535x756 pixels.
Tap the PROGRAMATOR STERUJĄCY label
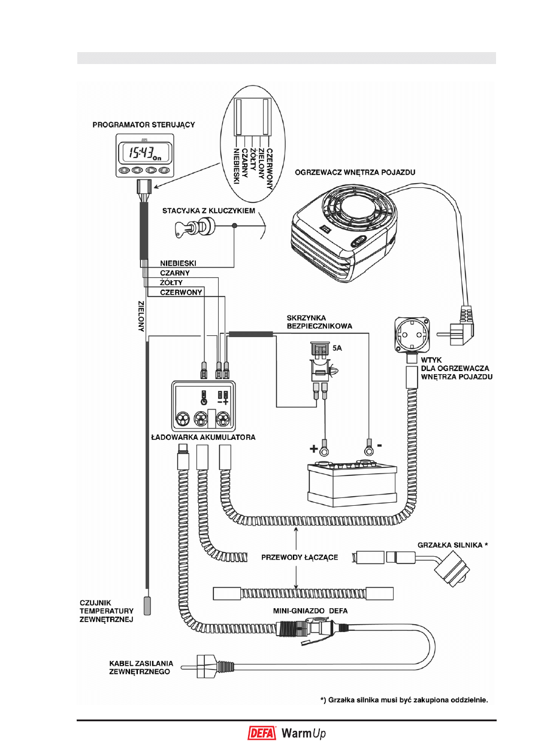[x=144, y=125]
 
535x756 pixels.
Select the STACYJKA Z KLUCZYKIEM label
[x=208, y=211]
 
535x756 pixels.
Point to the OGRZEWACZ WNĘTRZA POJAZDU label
[x=355, y=172]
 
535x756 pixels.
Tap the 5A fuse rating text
[x=337, y=348]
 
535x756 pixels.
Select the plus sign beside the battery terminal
[x=314, y=448]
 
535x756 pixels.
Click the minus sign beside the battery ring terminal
[x=379, y=446]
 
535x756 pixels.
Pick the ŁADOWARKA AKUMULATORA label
[x=203, y=438]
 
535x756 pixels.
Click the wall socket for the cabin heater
[x=411, y=334]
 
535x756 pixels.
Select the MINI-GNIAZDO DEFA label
[x=310, y=611]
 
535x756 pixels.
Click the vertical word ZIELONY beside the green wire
[x=141, y=316]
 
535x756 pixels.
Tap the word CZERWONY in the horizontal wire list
[x=181, y=292]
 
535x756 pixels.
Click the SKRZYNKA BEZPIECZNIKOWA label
[x=319, y=322]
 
